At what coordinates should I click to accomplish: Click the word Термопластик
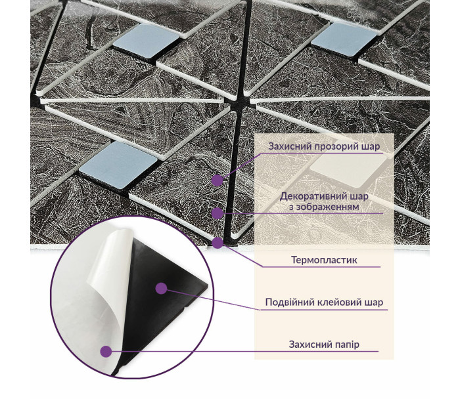coord(324,260)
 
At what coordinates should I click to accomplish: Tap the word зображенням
coord(324,207)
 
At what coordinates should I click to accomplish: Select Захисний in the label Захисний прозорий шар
coord(290,146)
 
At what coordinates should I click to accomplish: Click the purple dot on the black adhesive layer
coord(161,288)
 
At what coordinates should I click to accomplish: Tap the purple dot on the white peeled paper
coord(106,351)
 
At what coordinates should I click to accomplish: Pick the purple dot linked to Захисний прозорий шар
coord(218,180)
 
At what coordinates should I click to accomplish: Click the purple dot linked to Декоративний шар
coord(218,213)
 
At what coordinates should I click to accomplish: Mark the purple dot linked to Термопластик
coord(218,243)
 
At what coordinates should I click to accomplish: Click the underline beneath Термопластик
coord(321,267)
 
